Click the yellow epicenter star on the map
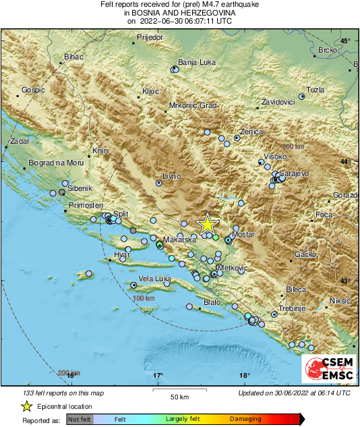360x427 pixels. point(208,225)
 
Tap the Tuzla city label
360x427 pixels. point(316,90)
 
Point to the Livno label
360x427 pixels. point(172,176)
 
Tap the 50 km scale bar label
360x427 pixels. point(179,397)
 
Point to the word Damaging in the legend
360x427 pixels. point(245,420)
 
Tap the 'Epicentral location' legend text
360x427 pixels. point(65,407)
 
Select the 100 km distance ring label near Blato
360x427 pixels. point(144,298)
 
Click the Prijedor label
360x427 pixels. point(150,37)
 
